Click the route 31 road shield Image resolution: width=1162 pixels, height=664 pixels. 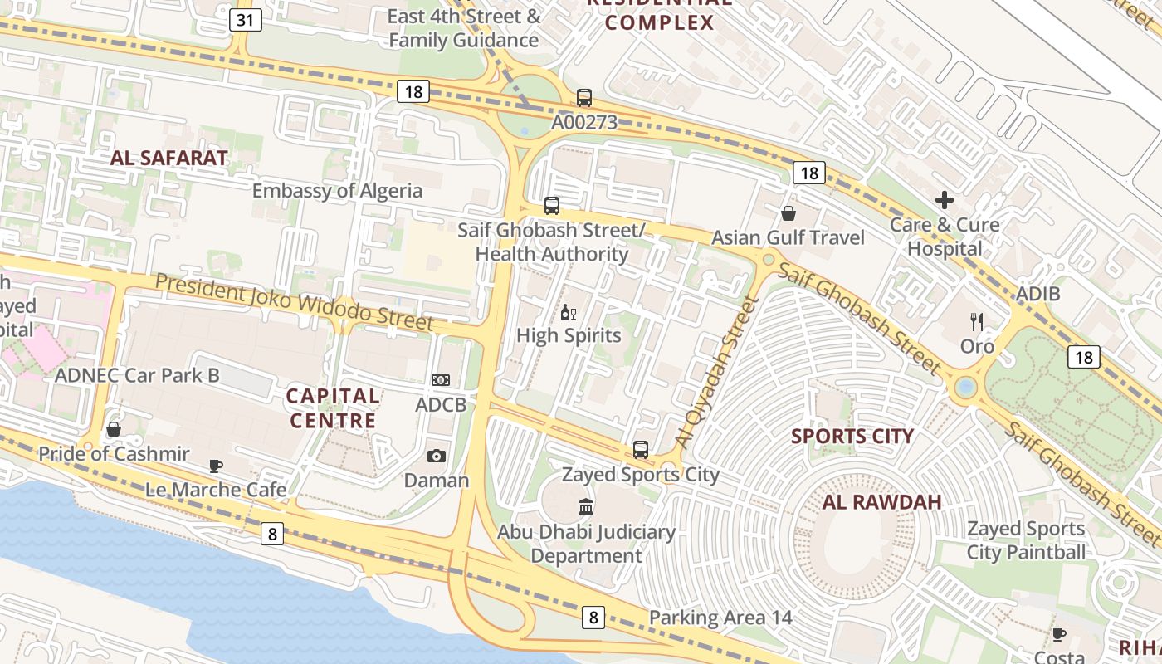coord(244,20)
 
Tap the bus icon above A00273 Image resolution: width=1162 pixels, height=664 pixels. coord(584,98)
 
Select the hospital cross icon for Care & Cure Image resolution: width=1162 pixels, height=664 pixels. coord(945,200)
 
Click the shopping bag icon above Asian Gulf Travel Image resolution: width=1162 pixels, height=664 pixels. coord(788,214)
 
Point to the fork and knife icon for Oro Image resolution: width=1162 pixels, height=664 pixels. coord(977,322)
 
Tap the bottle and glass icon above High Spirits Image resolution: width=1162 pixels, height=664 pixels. coord(569,313)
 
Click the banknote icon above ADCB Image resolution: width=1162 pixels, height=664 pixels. coord(441,380)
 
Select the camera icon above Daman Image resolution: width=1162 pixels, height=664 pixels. coord(436,456)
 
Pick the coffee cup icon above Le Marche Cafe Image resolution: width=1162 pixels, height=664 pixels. coord(216,466)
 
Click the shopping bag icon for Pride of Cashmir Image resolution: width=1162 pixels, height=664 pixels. coord(114,429)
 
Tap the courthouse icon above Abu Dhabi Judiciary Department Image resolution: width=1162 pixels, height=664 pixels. coord(586,506)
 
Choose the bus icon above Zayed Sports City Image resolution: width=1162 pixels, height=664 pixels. coord(640,450)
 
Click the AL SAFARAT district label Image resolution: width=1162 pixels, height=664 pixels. coord(168,159)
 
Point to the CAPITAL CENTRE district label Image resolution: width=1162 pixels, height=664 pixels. coord(333,408)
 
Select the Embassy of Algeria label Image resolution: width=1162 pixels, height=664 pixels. coord(337,191)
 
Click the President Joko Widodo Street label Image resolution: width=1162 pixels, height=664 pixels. coord(294,300)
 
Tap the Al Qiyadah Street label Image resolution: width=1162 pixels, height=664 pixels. coord(718,373)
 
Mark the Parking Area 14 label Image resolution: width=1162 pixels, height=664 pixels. coord(720,618)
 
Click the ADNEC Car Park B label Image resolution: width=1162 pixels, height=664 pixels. coord(137,375)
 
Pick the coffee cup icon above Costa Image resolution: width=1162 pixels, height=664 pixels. coord(1059,635)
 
